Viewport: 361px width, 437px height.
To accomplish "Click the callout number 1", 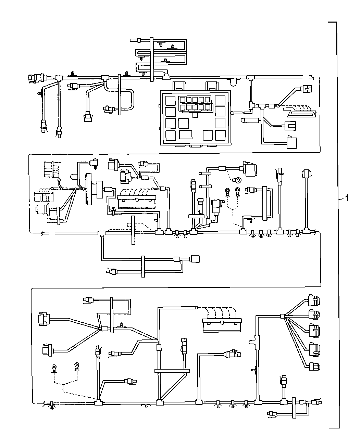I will point(347,198).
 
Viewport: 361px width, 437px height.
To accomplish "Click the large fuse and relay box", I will point(194,117).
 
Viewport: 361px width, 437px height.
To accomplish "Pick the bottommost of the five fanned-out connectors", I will point(314,367).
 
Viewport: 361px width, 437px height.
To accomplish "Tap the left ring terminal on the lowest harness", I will point(54,368).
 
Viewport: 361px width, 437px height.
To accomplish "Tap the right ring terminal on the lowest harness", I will point(77,367).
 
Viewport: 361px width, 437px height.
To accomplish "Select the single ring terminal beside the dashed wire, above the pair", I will point(236,179).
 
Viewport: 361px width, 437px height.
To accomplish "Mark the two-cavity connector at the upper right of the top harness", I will point(307,88).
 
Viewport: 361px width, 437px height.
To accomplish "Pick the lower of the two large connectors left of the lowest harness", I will point(46,350).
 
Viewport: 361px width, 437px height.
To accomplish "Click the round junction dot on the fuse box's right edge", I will point(232,113).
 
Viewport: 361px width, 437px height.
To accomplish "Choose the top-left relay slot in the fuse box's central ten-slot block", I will point(183,100).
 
